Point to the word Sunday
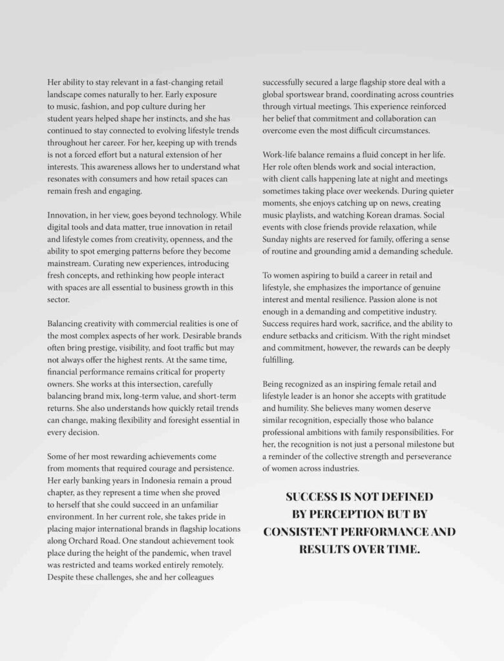coord(277,239)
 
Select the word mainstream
coord(69,263)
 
